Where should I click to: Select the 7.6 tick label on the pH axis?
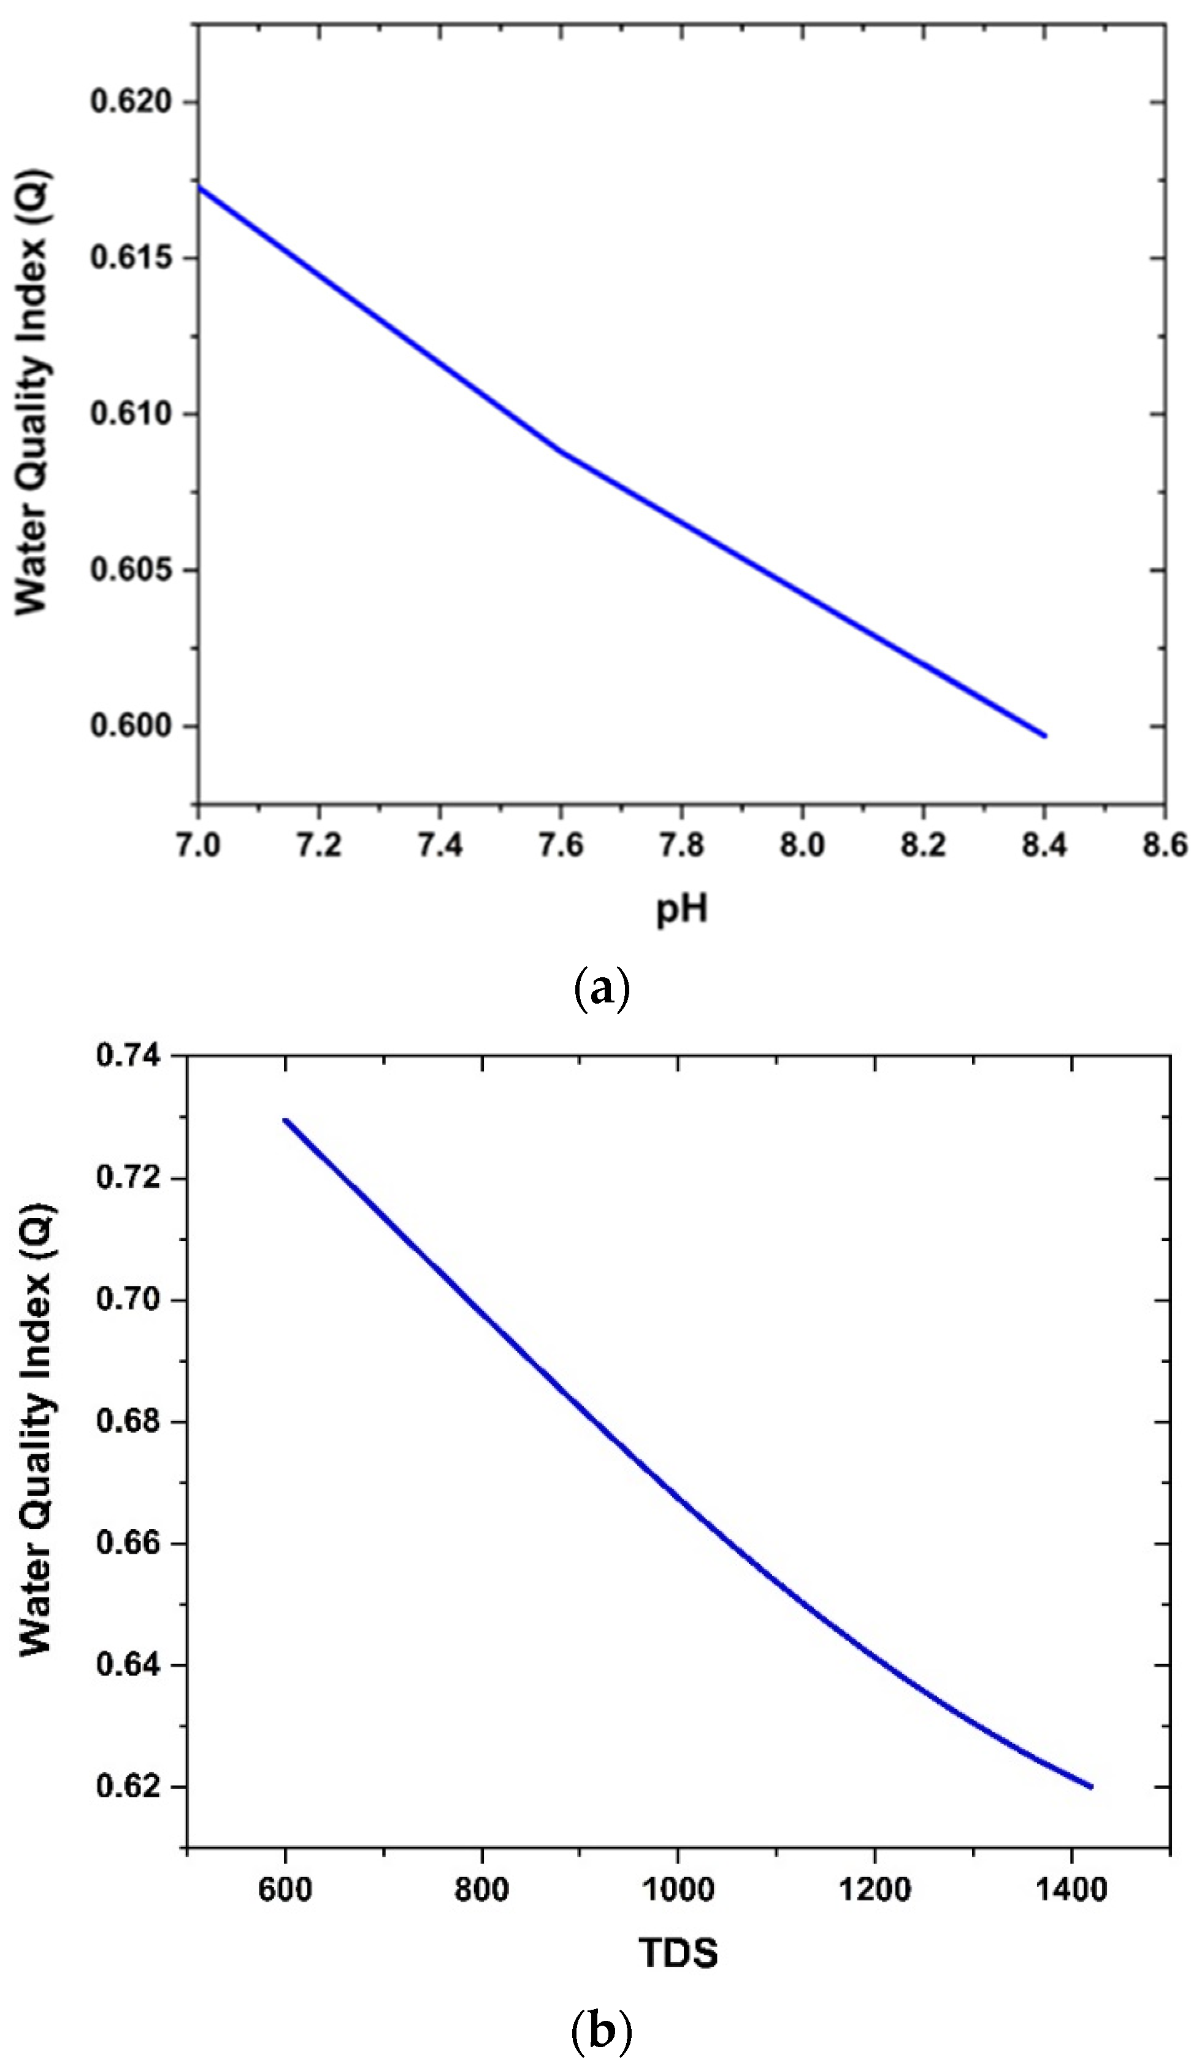coord(561,845)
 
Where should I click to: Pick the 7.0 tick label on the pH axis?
coord(198,845)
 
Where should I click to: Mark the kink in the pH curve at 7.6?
coord(561,451)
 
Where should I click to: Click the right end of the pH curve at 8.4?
coord(1044,736)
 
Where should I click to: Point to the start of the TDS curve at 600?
coord(285,1120)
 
